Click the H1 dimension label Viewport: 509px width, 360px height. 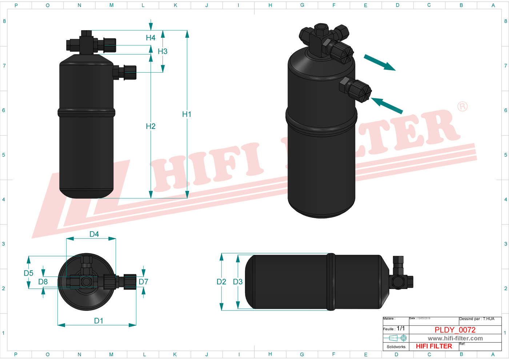(x=187, y=114)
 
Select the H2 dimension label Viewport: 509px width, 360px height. (x=151, y=126)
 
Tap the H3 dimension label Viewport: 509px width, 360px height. (x=163, y=51)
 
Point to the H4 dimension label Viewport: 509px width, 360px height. (x=151, y=38)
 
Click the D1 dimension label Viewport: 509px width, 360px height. (x=99, y=321)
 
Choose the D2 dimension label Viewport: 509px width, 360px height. (x=221, y=282)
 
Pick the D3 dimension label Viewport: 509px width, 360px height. (x=238, y=282)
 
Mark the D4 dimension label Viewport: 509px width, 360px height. (x=94, y=234)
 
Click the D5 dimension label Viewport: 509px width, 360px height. (x=28, y=273)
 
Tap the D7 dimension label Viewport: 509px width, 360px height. (x=143, y=282)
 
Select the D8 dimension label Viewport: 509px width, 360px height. (x=43, y=282)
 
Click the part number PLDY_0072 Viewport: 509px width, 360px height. (x=455, y=330)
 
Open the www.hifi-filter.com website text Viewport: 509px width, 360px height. (x=455, y=339)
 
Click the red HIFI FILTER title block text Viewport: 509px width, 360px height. (x=434, y=346)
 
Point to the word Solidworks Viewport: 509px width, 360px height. (x=396, y=347)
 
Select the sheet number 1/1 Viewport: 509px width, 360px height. (x=401, y=328)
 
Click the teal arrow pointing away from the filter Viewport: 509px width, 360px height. (x=380, y=62)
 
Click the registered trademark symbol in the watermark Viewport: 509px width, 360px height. (x=462, y=107)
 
